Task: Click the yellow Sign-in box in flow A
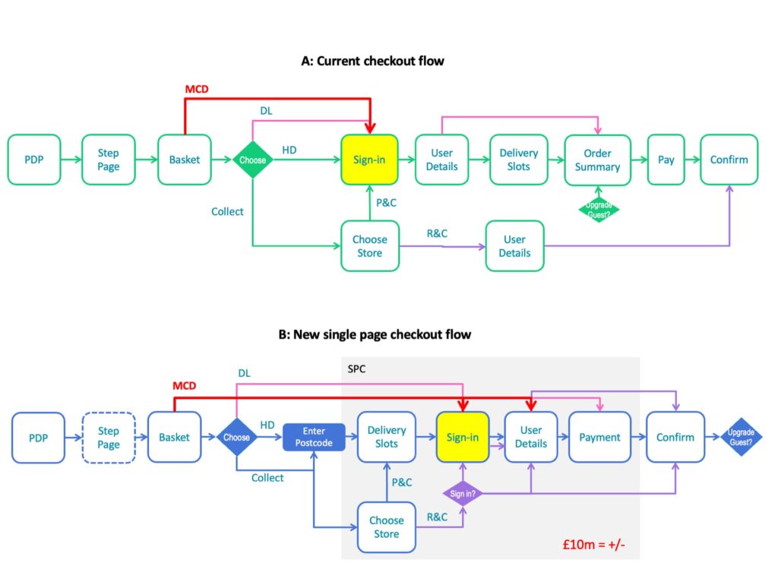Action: click(369, 160)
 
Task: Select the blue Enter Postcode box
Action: click(314, 437)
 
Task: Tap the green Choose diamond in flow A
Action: click(252, 160)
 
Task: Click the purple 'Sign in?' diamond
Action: click(463, 494)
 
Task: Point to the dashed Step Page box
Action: click(109, 438)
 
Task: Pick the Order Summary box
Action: click(597, 160)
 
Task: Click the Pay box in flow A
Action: click(666, 160)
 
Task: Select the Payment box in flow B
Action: click(599, 437)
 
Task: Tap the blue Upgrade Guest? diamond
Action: click(741, 437)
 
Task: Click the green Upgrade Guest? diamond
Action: click(599, 210)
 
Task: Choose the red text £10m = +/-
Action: click(593, 544)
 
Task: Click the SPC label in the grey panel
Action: click(356, 369)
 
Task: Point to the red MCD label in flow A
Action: click(197, 90)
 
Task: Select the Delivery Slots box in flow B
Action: click(387, 437)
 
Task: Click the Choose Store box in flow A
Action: click(370, 246)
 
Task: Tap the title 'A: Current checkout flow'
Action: click(372, 61)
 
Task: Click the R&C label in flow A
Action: click(437, 234)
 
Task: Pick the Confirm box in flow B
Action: click(675, 437)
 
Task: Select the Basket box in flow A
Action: click(185, 160)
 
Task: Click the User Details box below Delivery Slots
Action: click(514, 246)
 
